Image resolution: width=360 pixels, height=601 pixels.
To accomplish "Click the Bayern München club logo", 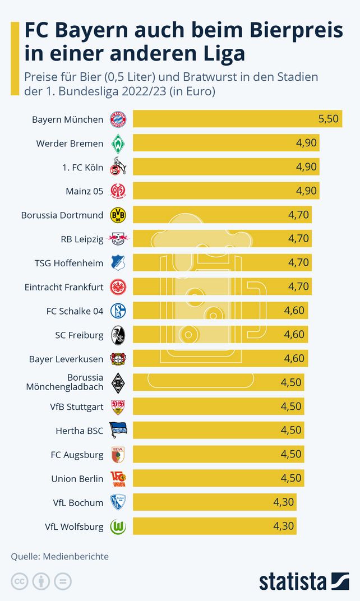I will (x=118, y=119).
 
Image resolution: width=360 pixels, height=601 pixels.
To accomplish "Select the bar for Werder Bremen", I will (x=224, y=143).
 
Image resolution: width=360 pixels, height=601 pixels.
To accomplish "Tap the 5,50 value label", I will (x=328, y=119).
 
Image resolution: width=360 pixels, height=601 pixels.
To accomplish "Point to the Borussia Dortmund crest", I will (x=118, y=215).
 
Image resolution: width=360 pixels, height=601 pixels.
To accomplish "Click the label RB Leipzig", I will (x=82, y=239).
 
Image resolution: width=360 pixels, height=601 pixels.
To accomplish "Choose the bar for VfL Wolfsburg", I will (x=213, y=526).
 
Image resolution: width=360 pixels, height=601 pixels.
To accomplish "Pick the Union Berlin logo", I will (x=118, y=478).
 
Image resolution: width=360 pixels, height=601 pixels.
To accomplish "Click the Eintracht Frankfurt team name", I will (x=64, y=287).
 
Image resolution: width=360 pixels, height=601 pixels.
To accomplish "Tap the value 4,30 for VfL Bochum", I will (x=283, y=502).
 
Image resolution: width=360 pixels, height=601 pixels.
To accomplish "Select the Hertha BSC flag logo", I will (x=118, y=430).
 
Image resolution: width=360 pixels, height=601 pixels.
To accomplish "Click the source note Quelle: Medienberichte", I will (x=60, y=557).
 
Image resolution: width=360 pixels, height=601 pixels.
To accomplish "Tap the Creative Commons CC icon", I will (x=20, y=581).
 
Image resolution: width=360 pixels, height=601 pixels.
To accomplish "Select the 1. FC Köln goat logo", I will (x=118, y=167).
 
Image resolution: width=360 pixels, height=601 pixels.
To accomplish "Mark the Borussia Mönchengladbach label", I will (x=64, y=382).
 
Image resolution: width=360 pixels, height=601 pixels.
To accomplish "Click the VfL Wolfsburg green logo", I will (x=118, y=526).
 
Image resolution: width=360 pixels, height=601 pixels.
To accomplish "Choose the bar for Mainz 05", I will (x=224, y=191).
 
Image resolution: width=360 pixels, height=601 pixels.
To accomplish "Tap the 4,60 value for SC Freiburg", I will (x=294, y=335).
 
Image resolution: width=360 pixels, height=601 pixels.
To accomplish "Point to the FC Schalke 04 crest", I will (x=118, y=311).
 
